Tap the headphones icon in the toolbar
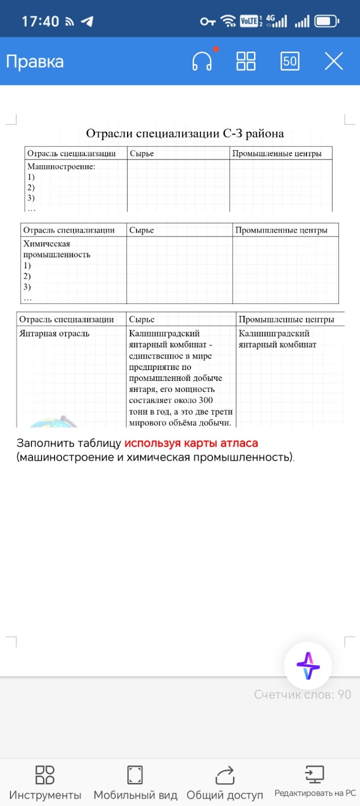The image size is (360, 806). (x=202, y=61)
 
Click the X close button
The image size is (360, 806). (x=333, y=61)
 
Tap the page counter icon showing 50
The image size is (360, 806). (x=290, y=61)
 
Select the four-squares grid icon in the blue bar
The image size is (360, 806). (x=246, y=61)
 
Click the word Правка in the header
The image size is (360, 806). (x=35, y=62)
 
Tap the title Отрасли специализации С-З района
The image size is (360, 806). (x=185, y=133)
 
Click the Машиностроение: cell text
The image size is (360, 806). (x=61, y=166)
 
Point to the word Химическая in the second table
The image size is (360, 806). (x=47, y=244)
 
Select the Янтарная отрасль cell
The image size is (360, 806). (x=54, y=333)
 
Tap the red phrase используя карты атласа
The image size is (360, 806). (x=191, y=443)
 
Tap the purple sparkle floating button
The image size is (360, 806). (x=308, y=665)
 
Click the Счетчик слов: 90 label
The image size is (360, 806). (x=302, y=694)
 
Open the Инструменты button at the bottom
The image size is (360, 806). (x=45, y=782)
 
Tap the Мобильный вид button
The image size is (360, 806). (x=135, y=782)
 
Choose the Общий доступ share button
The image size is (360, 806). (x=225, y=782)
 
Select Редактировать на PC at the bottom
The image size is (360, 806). (x=315, y=782)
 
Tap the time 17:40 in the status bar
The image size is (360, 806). (x=40, y=22)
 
